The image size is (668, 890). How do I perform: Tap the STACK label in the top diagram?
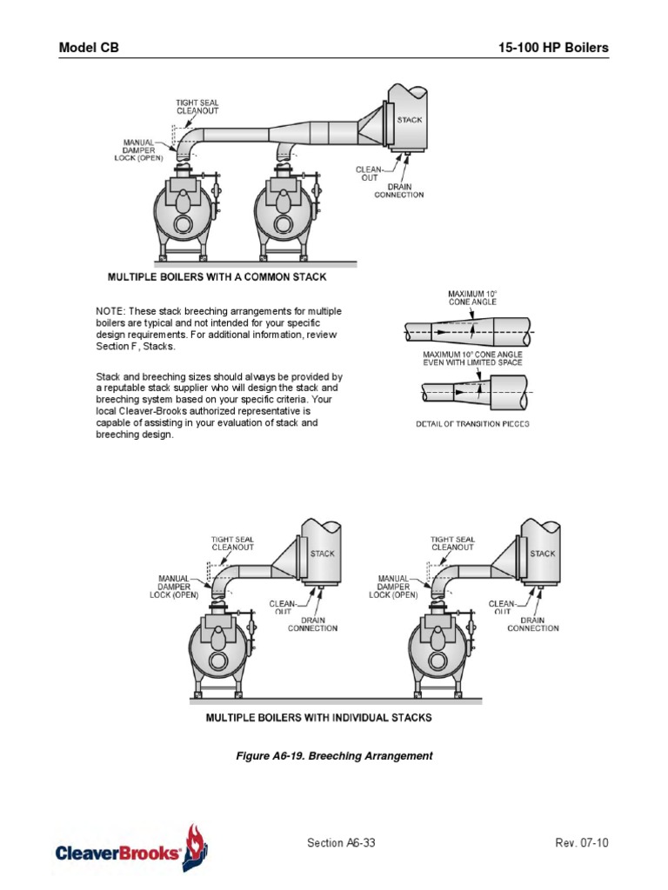[410, 120]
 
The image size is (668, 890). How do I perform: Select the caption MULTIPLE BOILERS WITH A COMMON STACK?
[217, 277]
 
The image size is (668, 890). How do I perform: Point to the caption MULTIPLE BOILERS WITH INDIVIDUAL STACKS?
[318, 718]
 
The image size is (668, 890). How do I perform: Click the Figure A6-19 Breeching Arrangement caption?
[334, 756]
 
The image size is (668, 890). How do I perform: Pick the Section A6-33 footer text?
[342, 843]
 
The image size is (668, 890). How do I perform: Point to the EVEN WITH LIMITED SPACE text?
[472, 362]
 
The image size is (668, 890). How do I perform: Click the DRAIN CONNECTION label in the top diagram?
[399, 190]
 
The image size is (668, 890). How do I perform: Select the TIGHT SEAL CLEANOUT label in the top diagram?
[197, 107]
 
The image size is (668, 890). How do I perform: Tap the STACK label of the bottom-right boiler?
[542, 554]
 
